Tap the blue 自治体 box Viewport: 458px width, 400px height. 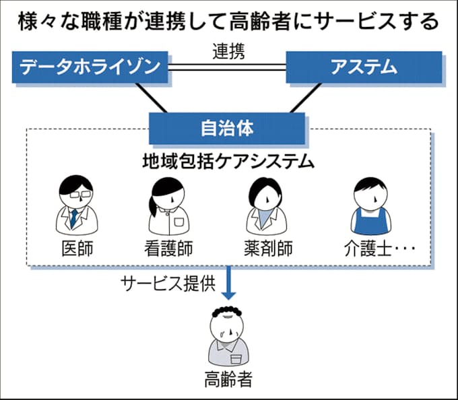[x=227, y=127]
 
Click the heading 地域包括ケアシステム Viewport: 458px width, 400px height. [x=228, y=162]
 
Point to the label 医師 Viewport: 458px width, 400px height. [x=73, y=248]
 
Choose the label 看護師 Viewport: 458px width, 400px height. [x=168, y=248]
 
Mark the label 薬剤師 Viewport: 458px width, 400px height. [x=267, y=248]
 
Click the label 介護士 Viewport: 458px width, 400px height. [x=364, y=248]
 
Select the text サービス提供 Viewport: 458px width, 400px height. [x=168, y=282]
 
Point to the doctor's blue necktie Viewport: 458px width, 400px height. [x=72, y=217]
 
